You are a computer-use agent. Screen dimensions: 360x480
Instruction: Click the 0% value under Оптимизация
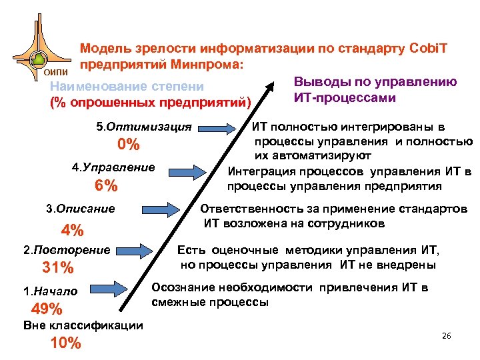[x=127, y=145]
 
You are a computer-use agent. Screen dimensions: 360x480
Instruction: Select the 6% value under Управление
[x=105, y=186]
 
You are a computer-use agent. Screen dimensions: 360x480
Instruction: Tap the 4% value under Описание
[x=72, y=231]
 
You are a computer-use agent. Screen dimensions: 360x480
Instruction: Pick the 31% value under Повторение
[x=57, y=268]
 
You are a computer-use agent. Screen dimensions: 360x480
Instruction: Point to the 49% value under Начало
[x=47, y=309]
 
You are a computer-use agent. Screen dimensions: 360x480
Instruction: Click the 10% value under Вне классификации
[x=65, y=343]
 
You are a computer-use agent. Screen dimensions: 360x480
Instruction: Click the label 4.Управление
[x=113, y=167]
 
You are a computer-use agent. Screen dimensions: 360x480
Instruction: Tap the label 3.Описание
[x=79, y=209]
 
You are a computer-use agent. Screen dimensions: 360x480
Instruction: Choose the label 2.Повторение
[x=66, y=250]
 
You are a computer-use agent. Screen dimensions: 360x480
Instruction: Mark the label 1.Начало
[x=50, y=291]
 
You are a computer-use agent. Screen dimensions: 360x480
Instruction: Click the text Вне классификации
[x=83, y=325]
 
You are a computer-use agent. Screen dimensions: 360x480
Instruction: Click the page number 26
[x=446, y=335]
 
